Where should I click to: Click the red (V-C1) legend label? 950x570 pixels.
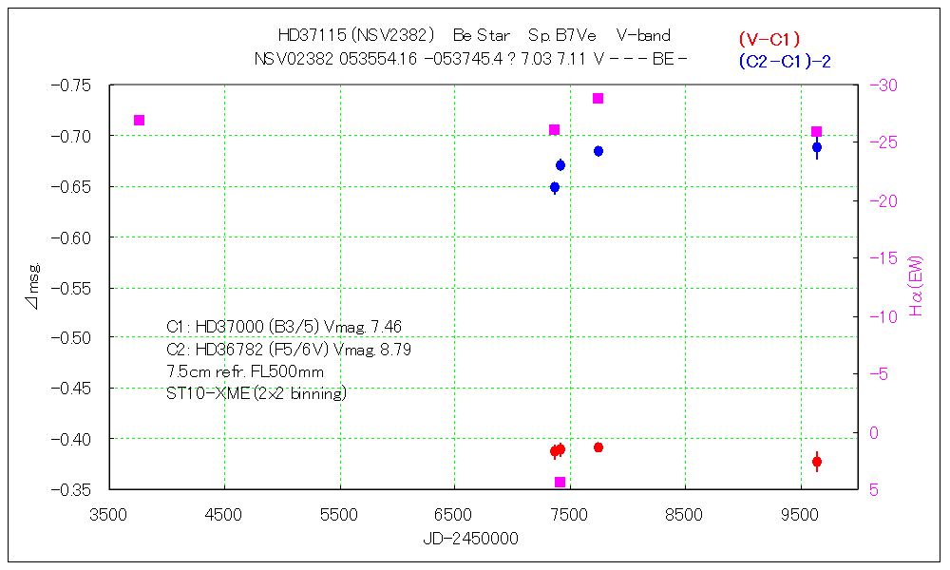tap(769, 40)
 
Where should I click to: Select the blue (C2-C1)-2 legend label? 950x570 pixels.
tap(784, 61)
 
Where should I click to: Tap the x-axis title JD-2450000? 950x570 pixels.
tap(470, 539)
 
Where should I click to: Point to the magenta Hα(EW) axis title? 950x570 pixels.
tap(916, 285)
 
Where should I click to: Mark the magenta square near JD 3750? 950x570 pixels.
tap(140, 120)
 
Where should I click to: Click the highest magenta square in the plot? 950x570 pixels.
tap(598, 99)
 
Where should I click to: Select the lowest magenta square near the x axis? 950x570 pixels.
tap(560, 483)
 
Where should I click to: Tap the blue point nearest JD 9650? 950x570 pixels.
tap(817, 147)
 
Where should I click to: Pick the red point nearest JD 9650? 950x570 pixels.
tap(817, 462)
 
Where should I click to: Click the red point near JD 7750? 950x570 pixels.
tap(598, 447)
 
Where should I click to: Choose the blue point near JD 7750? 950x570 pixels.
tap(598, 151)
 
